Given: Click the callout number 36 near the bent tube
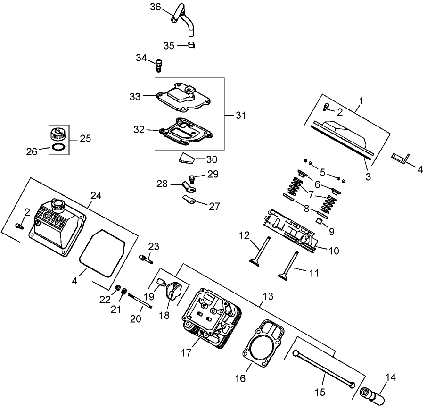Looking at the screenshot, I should tap(156, 7).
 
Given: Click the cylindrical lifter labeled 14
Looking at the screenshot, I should tap(373, 395).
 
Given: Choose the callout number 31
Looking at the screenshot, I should tap(240, 115).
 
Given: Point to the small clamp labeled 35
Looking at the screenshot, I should tap(191, 45).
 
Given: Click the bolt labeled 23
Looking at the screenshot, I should tap(145, 258).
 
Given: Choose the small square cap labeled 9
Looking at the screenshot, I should tap(318, 221).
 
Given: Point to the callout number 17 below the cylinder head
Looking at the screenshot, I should tap(187, 352).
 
